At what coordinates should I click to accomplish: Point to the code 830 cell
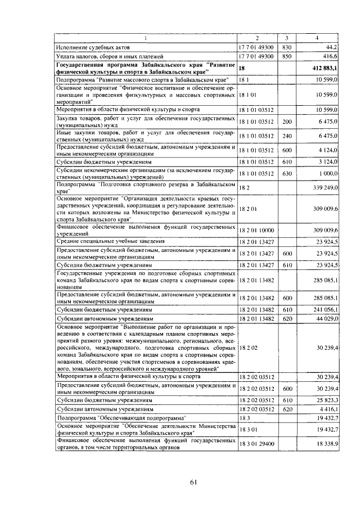coord(286,47)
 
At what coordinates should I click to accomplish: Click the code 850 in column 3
coord(286,56)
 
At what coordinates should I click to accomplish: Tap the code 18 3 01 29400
coord(256,444)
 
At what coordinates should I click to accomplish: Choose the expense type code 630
coord(287,174)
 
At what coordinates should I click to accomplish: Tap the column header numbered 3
coord(286,38)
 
